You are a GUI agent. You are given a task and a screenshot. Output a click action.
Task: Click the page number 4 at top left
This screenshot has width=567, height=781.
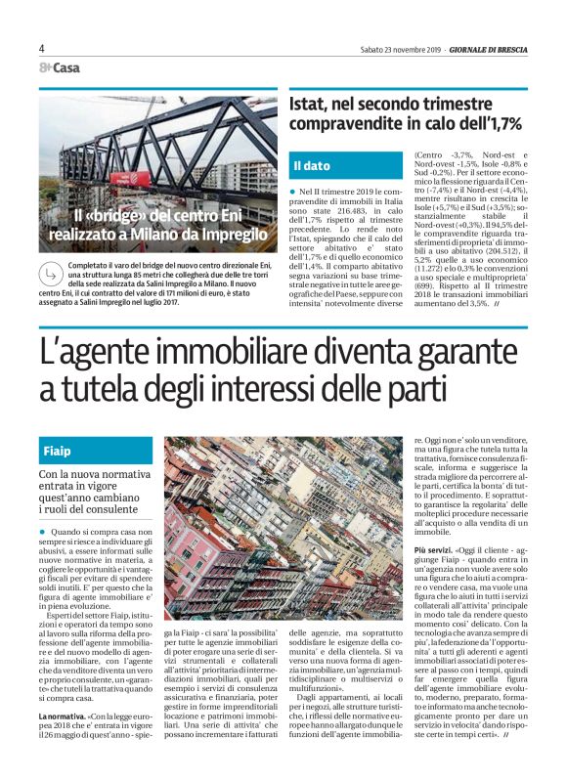coord(42,48)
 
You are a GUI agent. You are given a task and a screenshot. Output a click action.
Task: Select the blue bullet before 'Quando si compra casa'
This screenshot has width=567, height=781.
coord(42,531)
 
